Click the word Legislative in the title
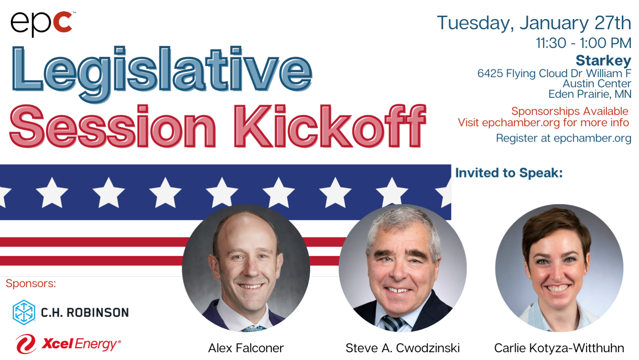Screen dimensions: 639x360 162,74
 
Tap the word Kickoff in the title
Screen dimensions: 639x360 330,126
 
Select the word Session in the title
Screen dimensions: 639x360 112,126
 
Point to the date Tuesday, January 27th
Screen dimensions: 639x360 534,23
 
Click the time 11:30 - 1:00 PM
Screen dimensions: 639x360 584,43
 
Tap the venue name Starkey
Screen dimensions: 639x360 603,60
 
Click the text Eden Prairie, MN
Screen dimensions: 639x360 589,94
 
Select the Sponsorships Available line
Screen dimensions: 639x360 570,111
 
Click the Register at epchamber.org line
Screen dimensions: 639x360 564,138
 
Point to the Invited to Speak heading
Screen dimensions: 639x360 509,173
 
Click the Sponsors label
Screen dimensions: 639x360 31,283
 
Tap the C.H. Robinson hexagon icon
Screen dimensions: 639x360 24,312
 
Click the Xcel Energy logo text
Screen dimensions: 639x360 81,344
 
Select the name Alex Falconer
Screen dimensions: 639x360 246,348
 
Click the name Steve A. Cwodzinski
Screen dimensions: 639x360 403,348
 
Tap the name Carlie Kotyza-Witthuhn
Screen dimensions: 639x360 559,348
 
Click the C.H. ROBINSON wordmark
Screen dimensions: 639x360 85,313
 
